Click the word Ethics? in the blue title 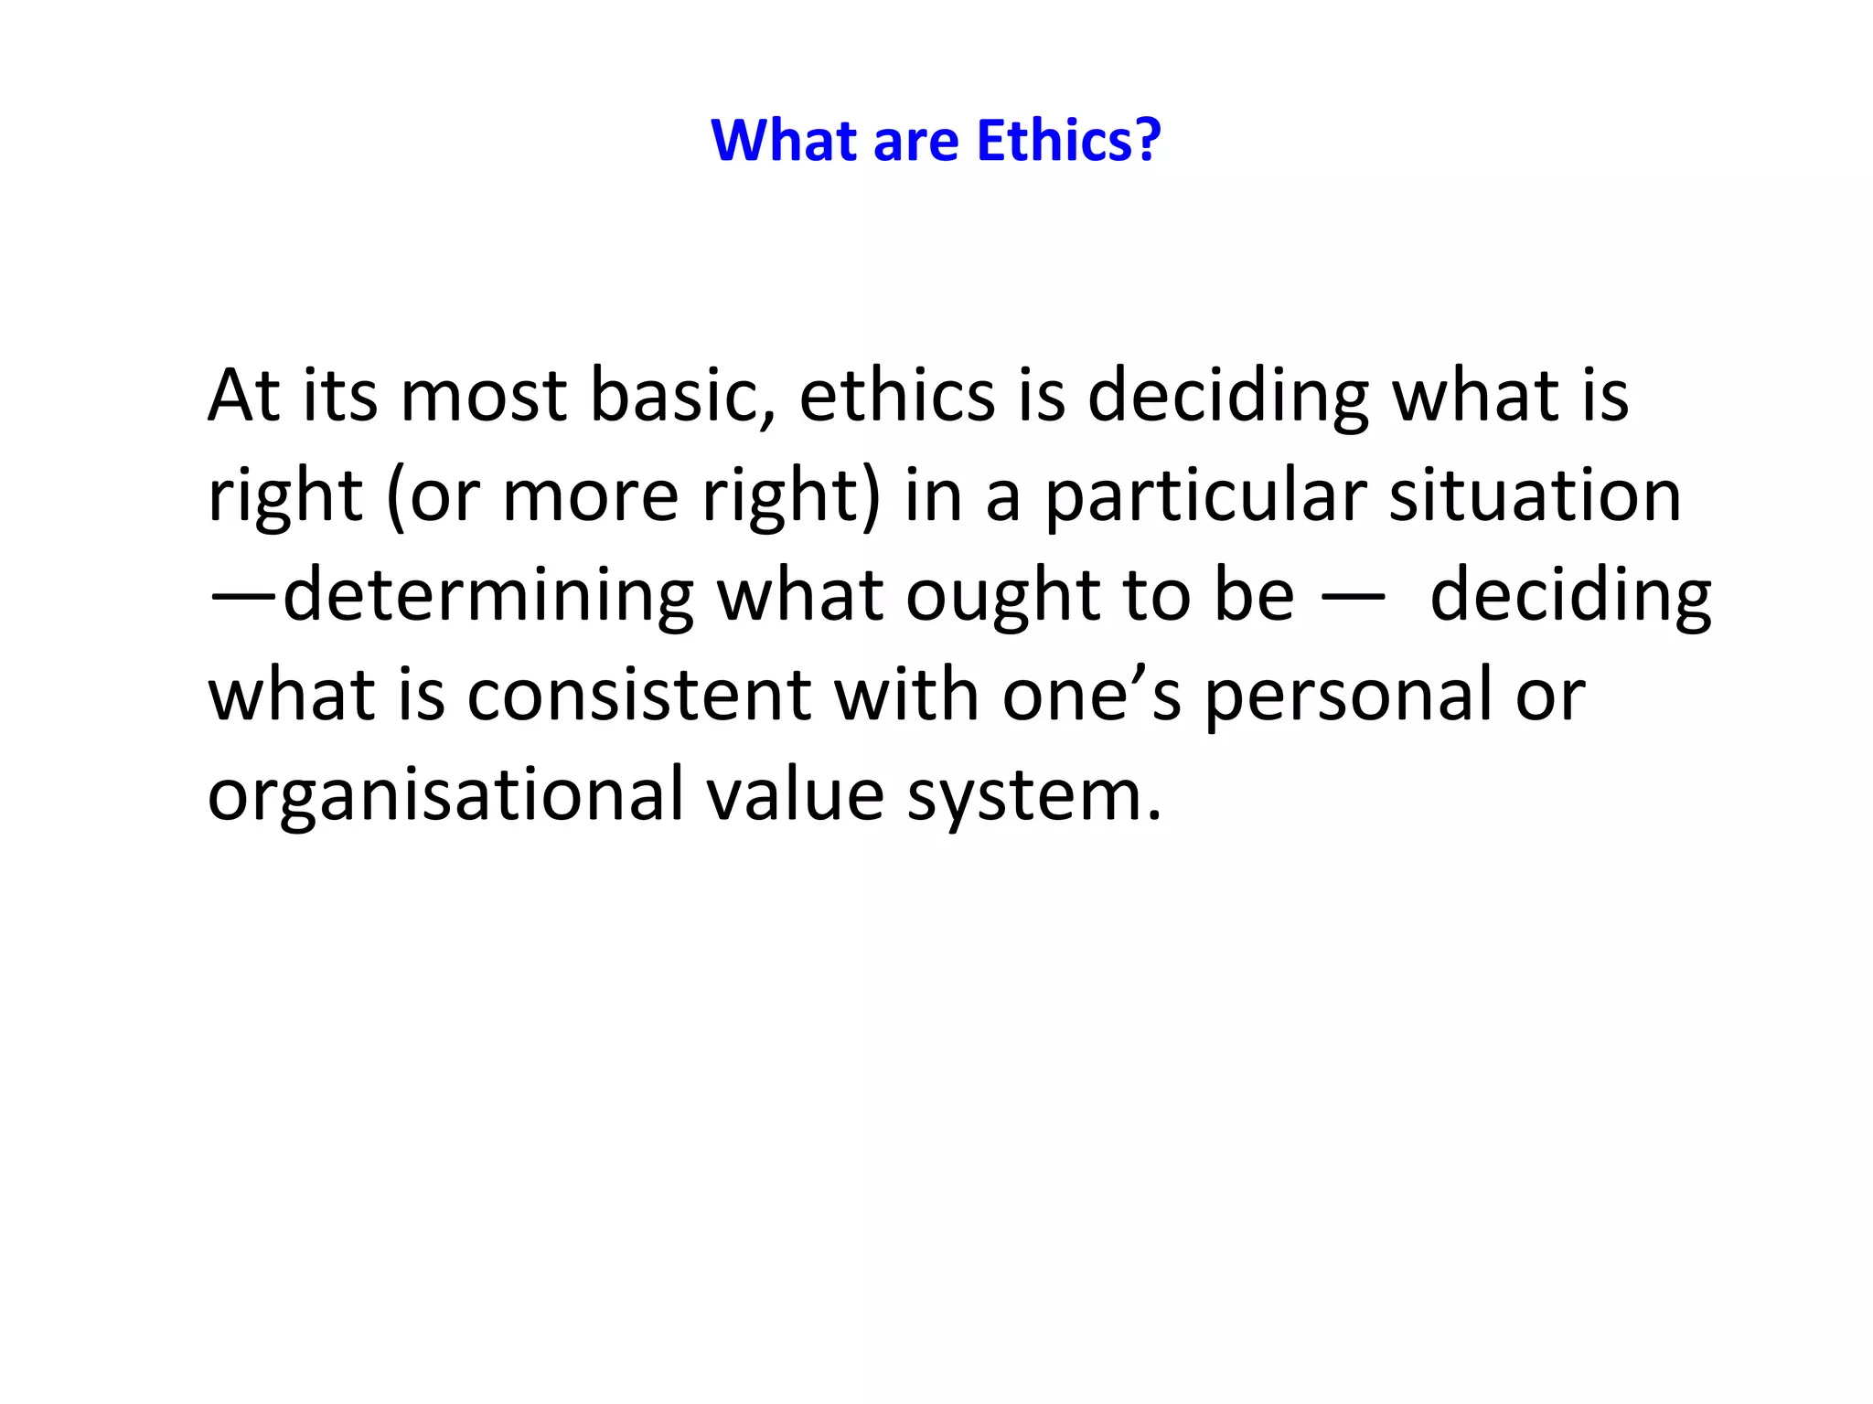point(1068,141)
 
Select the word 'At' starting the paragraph point(244,395)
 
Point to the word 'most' point(483,395)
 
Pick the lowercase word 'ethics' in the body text point(896,395)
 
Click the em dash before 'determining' point(242,595)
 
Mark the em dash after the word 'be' point(1352,595)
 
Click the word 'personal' point(1348,695)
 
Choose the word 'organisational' point(445,794)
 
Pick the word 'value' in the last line point(795,794)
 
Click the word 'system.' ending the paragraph point(1033,794)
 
